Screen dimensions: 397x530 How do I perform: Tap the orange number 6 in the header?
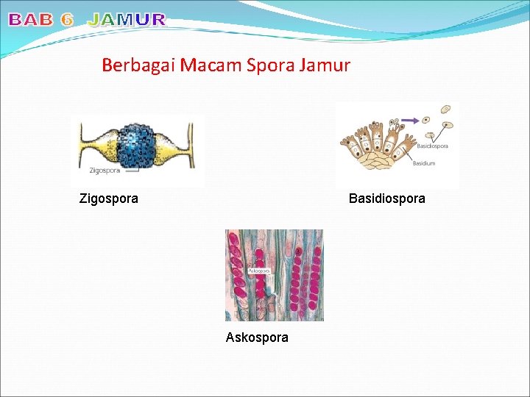point(67,20)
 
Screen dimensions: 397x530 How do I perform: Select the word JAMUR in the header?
point(127,20)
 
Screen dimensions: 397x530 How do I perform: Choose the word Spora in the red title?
point(267,65)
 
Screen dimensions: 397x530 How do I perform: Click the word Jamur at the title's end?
point(325,65)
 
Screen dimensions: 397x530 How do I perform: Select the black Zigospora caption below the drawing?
point(108,198)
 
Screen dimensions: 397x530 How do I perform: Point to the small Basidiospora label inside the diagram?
point(432,146)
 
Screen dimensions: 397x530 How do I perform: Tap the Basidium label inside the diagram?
point(424,163)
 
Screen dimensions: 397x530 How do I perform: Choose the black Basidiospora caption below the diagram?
point(386,198)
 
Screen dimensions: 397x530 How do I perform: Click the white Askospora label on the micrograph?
point(259,271)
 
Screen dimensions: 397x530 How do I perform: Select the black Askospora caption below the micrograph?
point(257,337)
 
